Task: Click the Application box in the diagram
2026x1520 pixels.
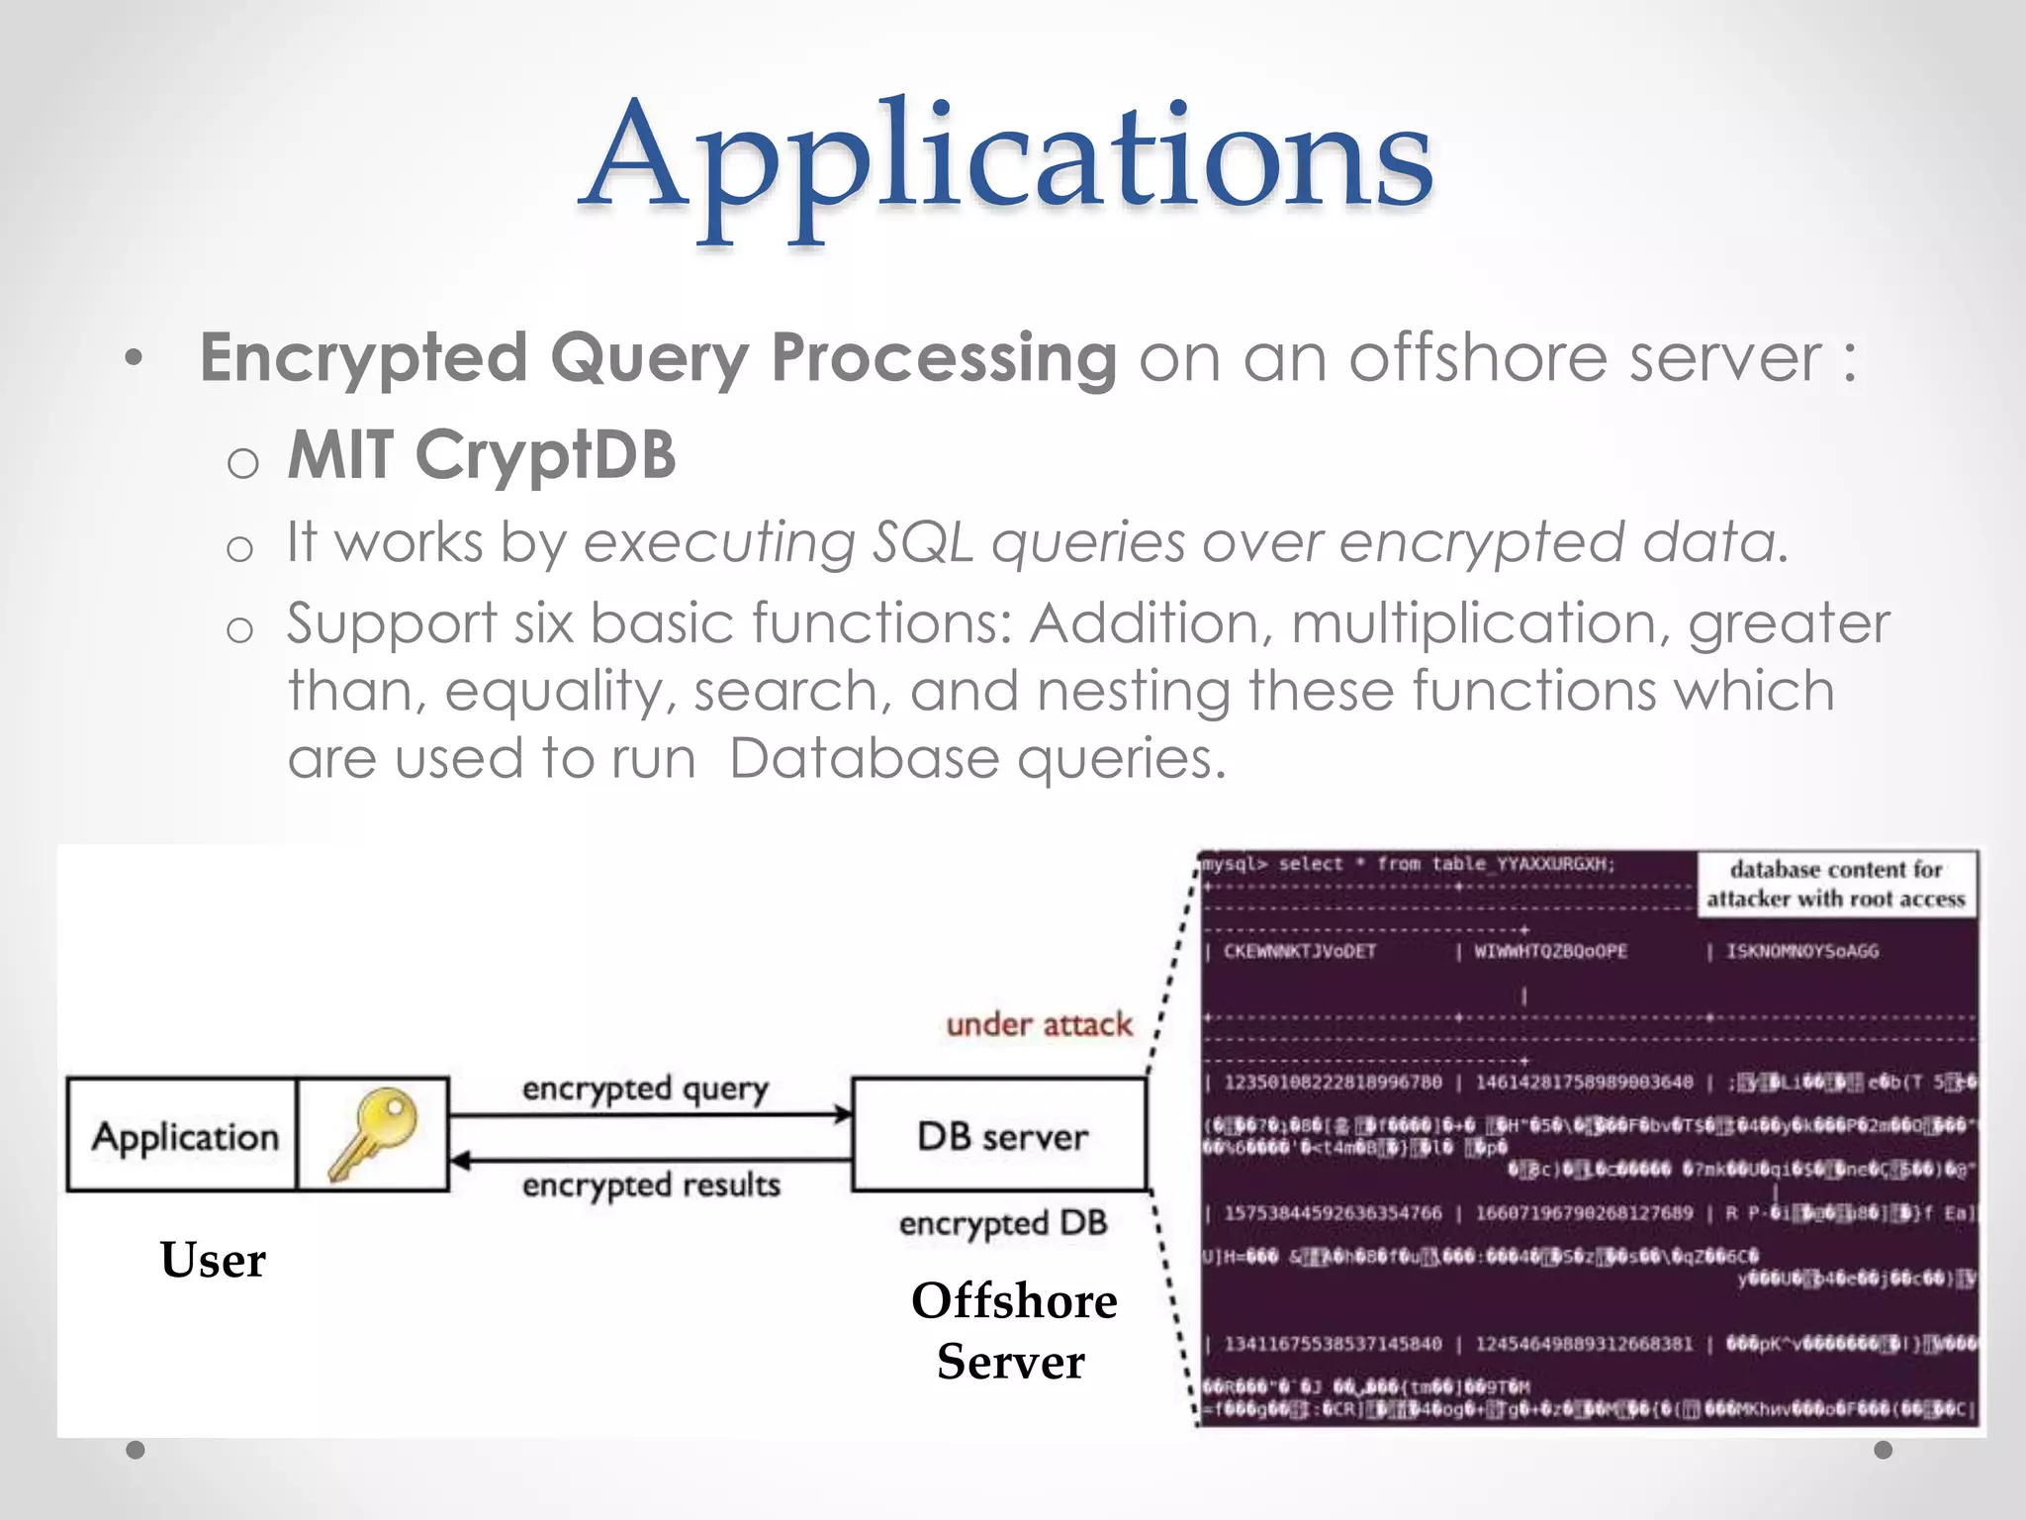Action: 184,1136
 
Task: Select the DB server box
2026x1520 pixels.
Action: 1001,1135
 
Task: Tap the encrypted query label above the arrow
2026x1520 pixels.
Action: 645,1089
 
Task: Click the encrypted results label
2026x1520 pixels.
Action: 651,1185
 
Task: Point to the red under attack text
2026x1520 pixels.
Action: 1039,1024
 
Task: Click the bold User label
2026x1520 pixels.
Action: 213,1260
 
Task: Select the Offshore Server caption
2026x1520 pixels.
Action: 1013,1330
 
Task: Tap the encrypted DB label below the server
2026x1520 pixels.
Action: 1003,1224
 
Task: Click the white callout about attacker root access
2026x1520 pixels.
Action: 1836,884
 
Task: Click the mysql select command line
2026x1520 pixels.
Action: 1409,864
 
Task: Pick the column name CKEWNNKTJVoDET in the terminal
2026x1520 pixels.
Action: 1300,951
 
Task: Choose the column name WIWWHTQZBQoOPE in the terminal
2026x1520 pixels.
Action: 1551,951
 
